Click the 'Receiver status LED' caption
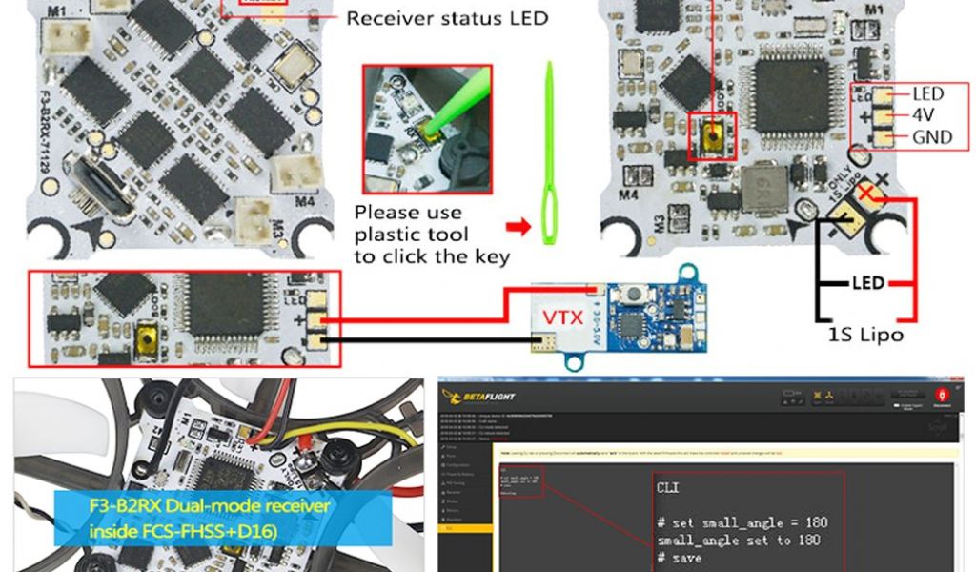click(446, 18)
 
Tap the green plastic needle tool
click(550, 153)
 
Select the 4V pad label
click(924, 114)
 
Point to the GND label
click(931, 136)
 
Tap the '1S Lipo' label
click(864, 335)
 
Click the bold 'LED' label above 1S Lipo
click(867, 283)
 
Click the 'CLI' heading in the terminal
click(668, 487)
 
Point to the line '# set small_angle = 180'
click(742, 522)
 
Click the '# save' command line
click(679, 558)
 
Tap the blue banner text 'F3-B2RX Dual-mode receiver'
click(210, 506)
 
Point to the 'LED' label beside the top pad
click(927, 93)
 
